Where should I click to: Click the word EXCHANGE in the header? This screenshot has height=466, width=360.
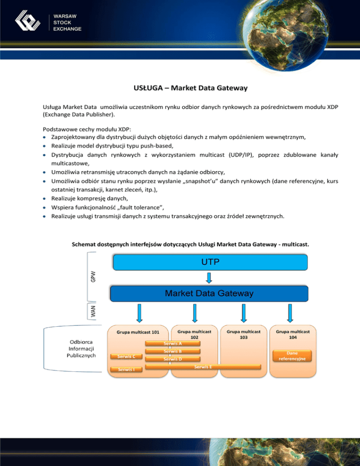[68, 29]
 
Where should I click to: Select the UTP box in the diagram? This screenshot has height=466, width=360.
[209, 263]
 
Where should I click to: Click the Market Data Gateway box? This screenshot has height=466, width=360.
[209, 294]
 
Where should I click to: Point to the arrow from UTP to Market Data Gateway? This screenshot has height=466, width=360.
[209, 278]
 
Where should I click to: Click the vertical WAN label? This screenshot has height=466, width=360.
[93, 311]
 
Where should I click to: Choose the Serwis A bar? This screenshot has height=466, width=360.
[173, 343]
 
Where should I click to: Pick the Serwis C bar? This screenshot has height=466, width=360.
[127, 356]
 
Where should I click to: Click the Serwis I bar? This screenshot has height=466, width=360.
[127, 370]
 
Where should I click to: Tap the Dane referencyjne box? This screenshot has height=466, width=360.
[292, 356]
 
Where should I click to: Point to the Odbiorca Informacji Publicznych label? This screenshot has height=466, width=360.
[82, 348]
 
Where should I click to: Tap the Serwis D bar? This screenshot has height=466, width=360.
[173, 359]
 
